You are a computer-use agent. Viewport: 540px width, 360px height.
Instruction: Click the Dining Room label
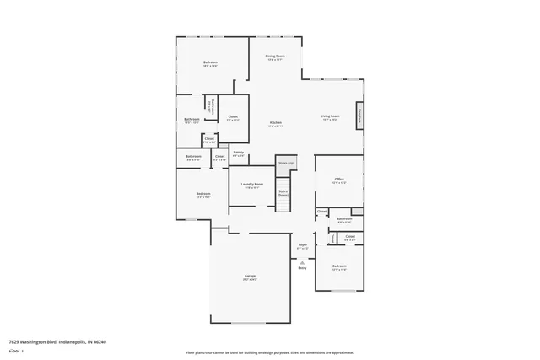(275, 57)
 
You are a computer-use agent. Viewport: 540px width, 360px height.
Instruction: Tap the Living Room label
(329, 117)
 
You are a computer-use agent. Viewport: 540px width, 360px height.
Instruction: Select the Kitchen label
(275, 124)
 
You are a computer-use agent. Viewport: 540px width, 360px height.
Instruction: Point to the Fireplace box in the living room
(359, 116)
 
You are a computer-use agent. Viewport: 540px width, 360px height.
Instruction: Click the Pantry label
(239, 153)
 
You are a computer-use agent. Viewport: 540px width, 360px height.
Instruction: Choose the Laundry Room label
(251, 185)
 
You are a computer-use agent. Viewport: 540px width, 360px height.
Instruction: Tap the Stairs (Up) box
(286, 163)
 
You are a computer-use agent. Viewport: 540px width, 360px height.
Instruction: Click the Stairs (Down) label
(283, 193)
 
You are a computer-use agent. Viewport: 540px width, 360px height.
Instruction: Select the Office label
(339, 180)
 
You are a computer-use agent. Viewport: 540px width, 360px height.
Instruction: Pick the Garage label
(251, 277)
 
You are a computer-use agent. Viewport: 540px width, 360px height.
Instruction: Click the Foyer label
(303, 247)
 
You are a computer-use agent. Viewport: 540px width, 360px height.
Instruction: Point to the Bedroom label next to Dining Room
(211, 64)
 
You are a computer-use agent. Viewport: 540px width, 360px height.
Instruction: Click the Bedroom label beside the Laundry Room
(202, 196)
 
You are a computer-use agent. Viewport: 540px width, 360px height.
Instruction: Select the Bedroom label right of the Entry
(339, 268)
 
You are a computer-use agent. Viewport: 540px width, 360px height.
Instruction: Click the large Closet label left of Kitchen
(233, 118)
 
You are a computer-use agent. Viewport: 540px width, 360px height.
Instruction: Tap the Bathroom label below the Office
(344, 220)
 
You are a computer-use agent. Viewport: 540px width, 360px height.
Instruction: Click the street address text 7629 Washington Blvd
(57, 342)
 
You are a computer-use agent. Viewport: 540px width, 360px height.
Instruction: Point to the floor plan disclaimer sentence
(270, 352)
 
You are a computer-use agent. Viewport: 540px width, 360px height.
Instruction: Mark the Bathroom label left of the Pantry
(193, 157)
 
